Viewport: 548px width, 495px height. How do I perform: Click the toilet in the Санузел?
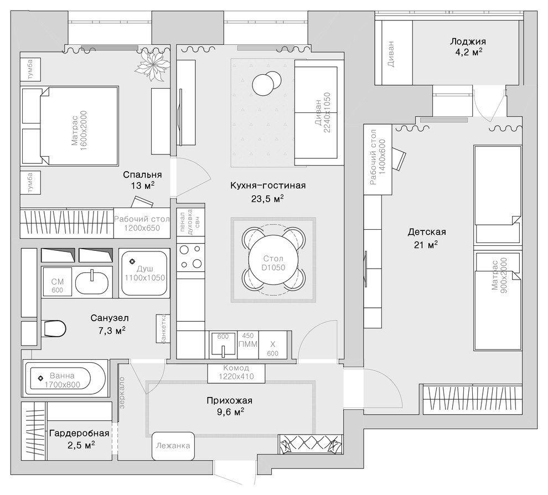click(54, 328)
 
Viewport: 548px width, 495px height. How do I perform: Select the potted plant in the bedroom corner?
click(152, 64)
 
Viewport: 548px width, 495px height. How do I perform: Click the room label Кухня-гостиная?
click(268, 185)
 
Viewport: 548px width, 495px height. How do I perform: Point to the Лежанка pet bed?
click(173, 446)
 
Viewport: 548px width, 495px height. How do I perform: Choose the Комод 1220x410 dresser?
click(236, 372)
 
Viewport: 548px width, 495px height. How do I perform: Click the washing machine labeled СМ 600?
click(57, 282)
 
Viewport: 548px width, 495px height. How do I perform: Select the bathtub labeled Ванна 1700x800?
click(64, 379)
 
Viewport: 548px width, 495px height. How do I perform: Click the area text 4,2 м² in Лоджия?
click(468, 53)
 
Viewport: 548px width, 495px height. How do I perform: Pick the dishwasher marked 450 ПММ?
click(248, 345)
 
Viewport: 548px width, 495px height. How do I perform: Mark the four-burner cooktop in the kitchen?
click(190, 257)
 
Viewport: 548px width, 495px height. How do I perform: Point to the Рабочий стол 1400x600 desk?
click(378, 159)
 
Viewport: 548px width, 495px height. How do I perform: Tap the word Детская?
click(427, 232)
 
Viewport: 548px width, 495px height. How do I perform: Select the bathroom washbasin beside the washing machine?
click(92, 282)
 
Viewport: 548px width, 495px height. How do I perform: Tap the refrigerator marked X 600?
click(272, 345)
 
